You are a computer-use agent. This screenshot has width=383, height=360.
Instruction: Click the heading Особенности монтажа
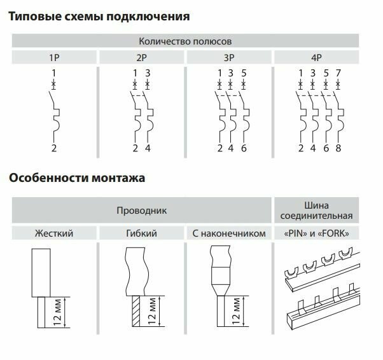coord(77,177)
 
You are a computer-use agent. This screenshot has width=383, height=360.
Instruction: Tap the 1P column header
coord(54,58)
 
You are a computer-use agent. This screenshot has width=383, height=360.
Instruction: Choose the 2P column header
coord(141,58)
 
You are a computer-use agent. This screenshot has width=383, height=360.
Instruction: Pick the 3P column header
coord(228,58)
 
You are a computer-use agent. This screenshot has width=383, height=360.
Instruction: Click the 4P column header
coord(316,58)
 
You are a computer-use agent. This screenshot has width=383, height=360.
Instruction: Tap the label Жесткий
coord(53,233)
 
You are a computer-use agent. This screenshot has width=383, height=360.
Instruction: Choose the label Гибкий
coord(141,233)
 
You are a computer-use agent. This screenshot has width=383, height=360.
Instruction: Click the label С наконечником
coord(228,233)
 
